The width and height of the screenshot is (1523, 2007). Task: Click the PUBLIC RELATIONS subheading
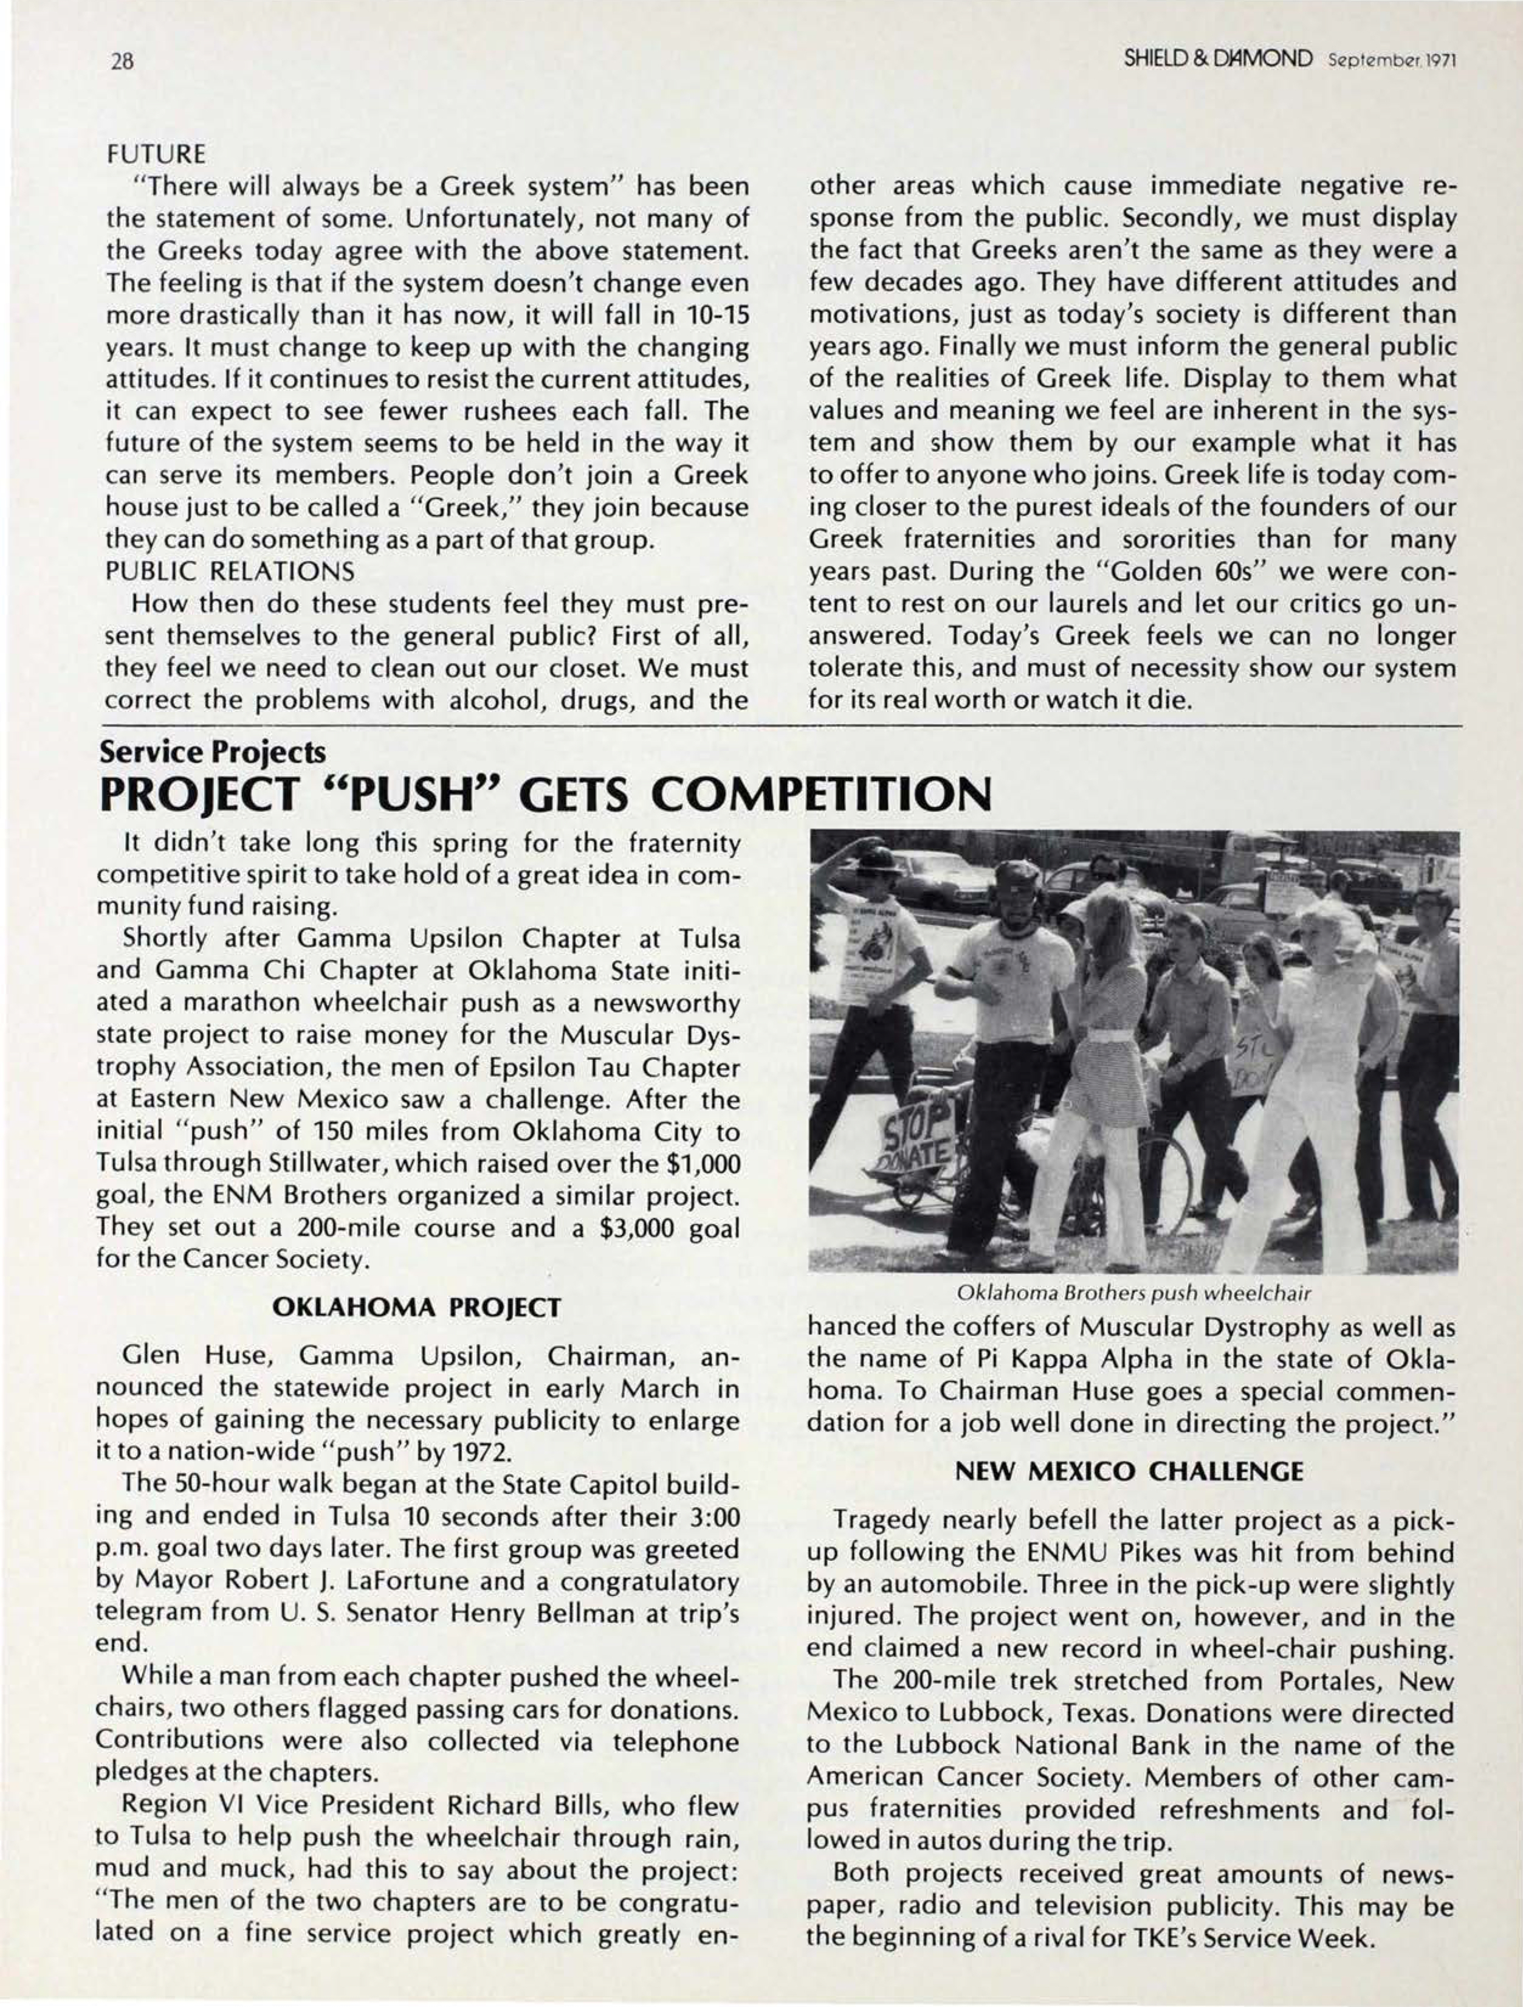(x=230, y=572)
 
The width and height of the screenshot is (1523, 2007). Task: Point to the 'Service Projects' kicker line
(x=210, y=752)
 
